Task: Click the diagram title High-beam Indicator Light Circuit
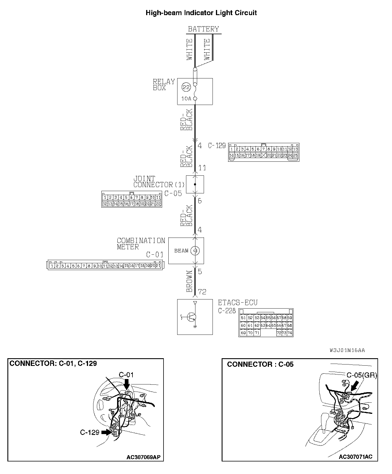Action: click(201, 13)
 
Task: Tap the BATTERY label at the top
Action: click(203, 29)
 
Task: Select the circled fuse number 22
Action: click(186, 87)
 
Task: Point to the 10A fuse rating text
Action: click(186, 99)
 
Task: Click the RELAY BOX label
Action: click(164, 85)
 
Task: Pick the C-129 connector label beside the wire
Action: click(217, 145)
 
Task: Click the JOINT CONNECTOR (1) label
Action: click(159, 182)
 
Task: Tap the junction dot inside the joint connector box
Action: click(195, 184)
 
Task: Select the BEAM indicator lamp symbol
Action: click(195, 251)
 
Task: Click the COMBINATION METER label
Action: click(141, 244)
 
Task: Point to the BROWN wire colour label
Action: click(189, 281)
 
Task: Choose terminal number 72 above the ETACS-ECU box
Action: click(202, 291)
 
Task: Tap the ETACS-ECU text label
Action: click(238, 303)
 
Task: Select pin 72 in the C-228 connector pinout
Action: click(279, 333)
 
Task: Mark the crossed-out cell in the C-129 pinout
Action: click(264, 155)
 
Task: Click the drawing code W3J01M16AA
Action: click(347, 350)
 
